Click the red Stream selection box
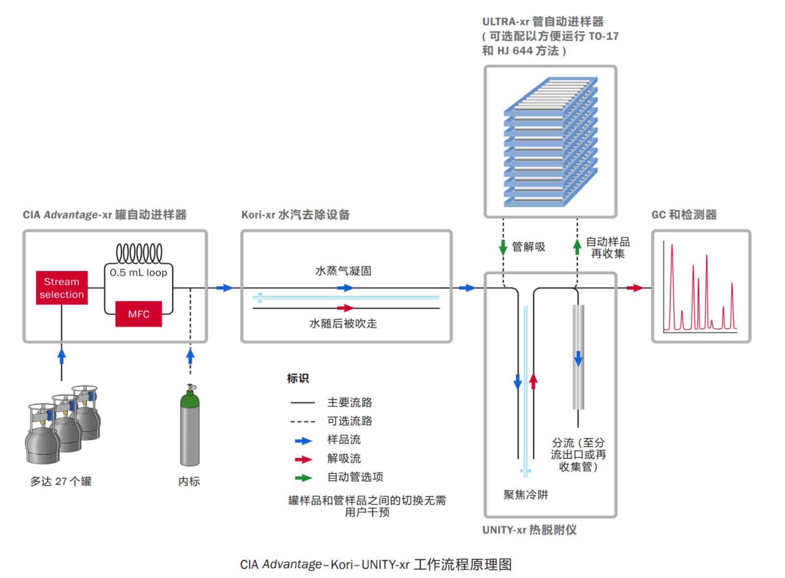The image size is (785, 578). point(62,288)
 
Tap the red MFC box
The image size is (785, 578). point(139,314)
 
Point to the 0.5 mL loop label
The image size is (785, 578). point(138,272)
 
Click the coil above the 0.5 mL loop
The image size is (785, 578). point(139,253)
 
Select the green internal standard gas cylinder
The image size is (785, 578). point(190,426)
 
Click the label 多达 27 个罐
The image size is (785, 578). point(61,481)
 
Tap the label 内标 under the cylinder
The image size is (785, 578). point(189,481)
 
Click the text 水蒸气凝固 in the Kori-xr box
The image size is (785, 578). point(343,271)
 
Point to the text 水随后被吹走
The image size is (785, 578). point(343,323)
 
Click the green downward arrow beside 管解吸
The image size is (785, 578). point(503,247)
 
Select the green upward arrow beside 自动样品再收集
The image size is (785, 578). point(577,246)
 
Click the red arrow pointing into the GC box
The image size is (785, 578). point(635,288)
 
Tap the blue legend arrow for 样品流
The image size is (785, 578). point(304,441)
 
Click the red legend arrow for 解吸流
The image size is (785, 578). point(304,459)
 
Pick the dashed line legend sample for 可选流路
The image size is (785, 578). point(303,421)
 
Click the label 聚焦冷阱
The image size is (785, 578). point(526,495)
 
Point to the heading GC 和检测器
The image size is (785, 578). point(684,215)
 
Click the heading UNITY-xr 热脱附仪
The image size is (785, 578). point(530,530)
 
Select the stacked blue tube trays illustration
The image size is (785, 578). point(551,142)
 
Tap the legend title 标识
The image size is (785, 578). point(298,378)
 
